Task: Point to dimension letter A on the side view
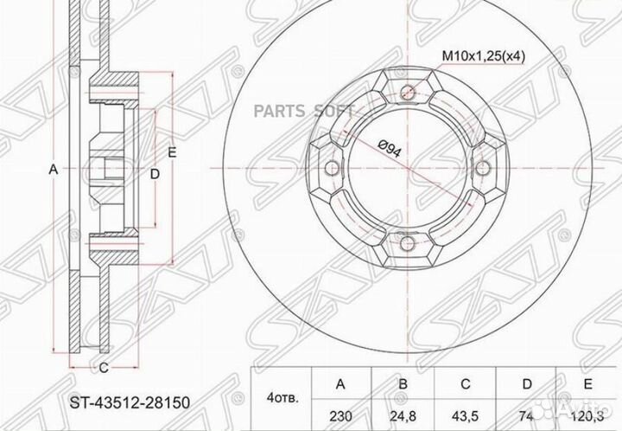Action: [x=53, y=171]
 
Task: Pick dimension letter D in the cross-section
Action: [x=155, y=174]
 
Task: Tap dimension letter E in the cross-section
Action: [x=172, y=152]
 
